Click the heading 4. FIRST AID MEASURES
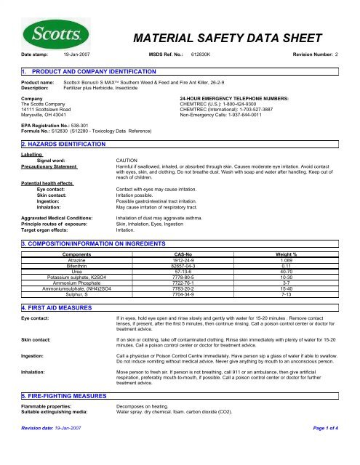(x=57, y=307)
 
